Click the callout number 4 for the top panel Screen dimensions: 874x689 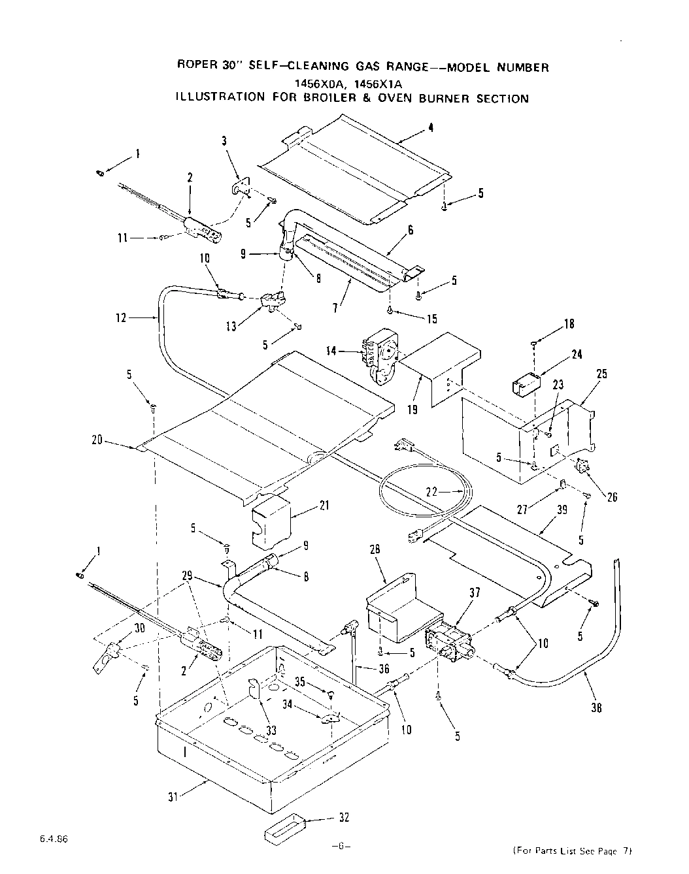pyautogui.click(x=431, y=128)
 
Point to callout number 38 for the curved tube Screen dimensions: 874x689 pyautogui.click(x=596, y=707)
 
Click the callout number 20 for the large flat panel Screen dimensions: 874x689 pyautogui.click(x=96, y=440)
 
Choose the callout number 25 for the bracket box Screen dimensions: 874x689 pyautogui.click(x=601, y=374)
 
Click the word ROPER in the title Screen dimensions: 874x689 pyautogui.click(x=197, y=65)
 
